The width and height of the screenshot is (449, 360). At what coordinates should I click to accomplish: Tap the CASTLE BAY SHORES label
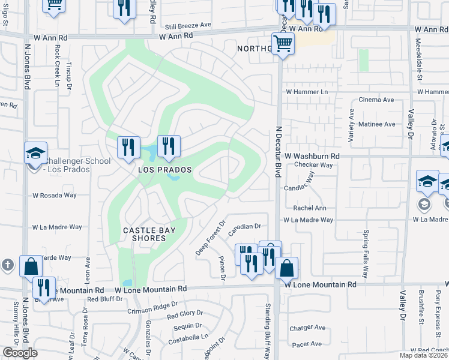(144, 234)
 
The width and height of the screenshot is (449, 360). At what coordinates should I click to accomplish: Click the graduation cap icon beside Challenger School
(35, 154)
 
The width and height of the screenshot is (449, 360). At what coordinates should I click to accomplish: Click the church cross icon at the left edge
(7, 265)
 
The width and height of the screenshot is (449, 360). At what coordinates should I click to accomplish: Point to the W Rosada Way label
(55, 196)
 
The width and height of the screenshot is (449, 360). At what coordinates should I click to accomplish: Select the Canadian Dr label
(246, 227)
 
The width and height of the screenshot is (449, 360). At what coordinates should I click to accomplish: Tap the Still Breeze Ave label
(188, 25)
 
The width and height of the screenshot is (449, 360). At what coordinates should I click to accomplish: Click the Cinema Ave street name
(376, 100)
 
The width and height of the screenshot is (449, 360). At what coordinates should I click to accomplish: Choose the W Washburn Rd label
(312, 156)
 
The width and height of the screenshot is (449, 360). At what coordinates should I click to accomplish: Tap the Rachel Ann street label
(309, 208)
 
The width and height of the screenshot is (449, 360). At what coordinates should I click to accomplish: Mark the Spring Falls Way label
(366, 248)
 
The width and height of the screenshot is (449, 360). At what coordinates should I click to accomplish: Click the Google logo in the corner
(20, 353)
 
